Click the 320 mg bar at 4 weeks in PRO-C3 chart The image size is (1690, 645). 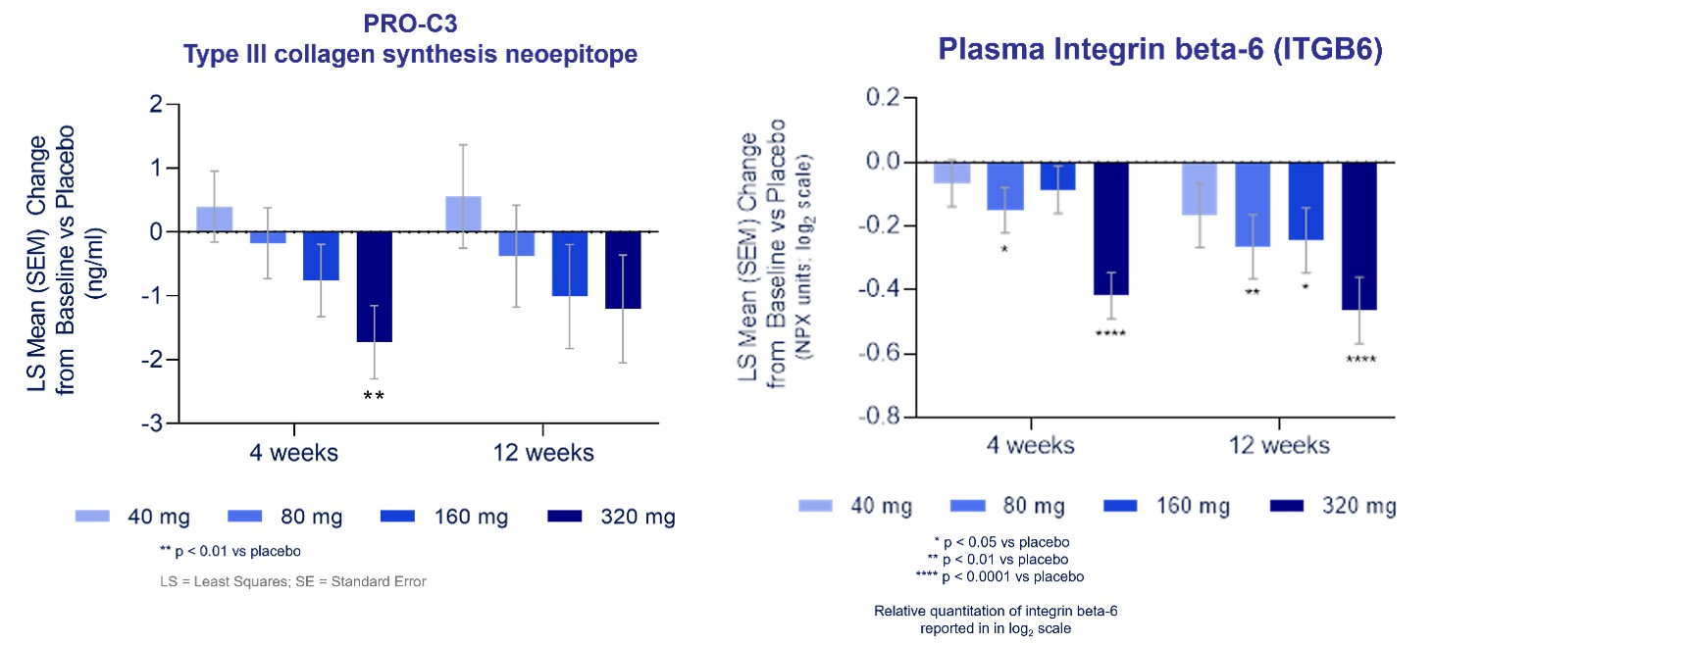[374, 286]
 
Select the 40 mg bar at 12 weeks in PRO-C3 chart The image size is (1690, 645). [463, 215]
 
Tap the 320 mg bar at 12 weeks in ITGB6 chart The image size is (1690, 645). [1358, 236]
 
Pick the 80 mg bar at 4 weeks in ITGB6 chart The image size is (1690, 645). [1004, 186]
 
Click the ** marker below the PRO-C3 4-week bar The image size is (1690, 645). [374, 397]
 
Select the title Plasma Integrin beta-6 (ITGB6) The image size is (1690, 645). [1159, 49]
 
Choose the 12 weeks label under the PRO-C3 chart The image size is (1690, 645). [542, 453]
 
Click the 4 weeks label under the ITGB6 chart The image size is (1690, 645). [1030, 446]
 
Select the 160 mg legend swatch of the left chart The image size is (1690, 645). [397, 517]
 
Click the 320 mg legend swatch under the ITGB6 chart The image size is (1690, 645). [1286, 506]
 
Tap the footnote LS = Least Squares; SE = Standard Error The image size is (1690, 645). [293, 581]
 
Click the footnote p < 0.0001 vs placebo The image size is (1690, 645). [1011, 576]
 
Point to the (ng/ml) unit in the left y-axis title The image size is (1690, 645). [95, 262]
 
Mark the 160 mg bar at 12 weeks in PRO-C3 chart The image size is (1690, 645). [569, 264]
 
